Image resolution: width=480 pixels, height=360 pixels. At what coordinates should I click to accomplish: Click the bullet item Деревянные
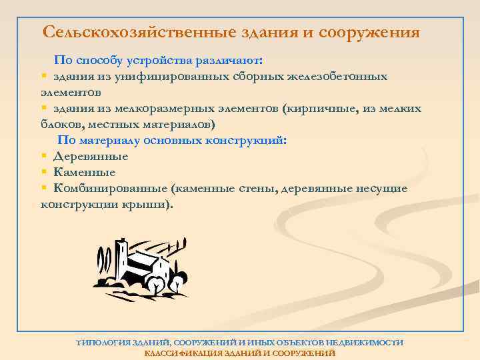coord(90,157)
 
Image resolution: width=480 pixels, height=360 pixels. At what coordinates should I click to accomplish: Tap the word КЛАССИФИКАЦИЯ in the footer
coord(179,352)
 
